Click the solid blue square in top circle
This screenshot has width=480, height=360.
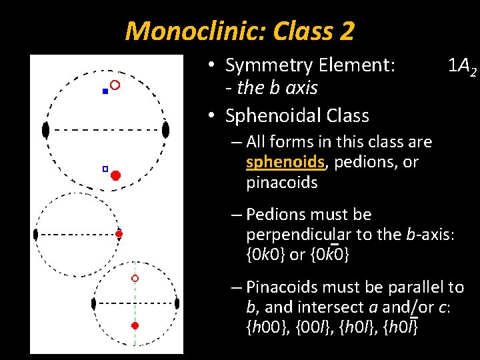[x=105, y=91]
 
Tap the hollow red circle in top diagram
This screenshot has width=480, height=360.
[x=115, y=85]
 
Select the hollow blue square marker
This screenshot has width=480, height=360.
[x=105, y=169]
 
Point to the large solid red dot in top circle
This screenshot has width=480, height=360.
[x=115, y=175]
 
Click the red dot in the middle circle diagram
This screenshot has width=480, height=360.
[x=119, y=234]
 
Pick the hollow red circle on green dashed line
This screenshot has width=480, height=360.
[x=135, y=278]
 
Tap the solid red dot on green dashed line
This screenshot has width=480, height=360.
[x=135, y=325]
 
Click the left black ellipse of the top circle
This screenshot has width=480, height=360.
[x=45, y=130]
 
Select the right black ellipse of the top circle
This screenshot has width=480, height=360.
[x=165, y=130]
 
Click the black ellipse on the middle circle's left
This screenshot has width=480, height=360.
[x=36, y=234]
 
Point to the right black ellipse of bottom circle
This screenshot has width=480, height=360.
[x=177, y=303]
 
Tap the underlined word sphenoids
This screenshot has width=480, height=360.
[x=284, y=162]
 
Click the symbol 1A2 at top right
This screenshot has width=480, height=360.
[x=461, y=66]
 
